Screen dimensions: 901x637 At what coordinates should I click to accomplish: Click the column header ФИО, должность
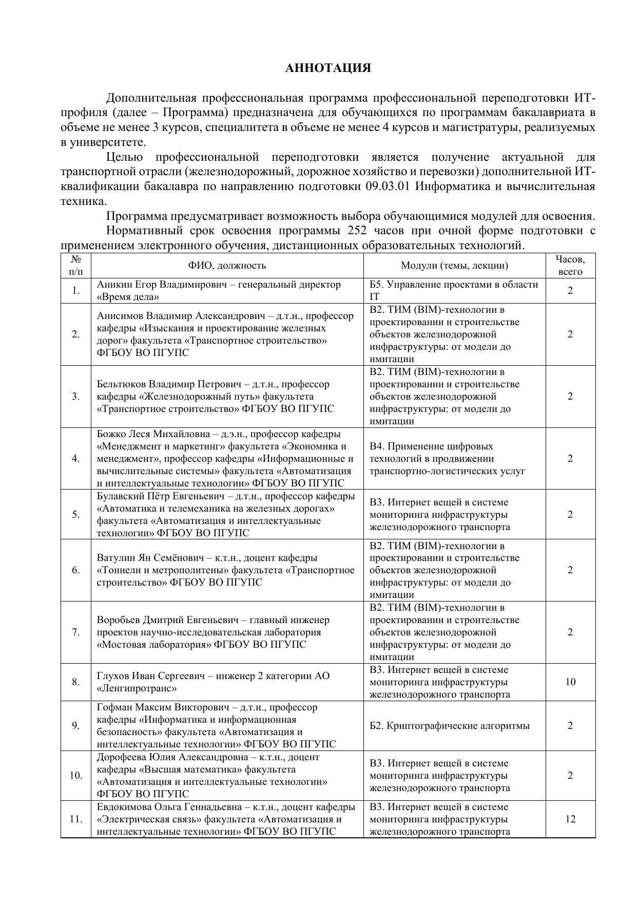(x=227, y=266)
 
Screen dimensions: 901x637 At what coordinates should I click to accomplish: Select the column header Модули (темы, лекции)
(x=454, y=266)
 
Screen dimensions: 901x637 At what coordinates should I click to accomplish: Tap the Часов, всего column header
(x=570, y=266)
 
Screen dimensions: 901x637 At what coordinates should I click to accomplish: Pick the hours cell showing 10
(x=570, y=682)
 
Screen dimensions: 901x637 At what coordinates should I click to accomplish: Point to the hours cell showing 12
(x=570, y=819)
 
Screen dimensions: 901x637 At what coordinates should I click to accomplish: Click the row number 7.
(x=76, y=632)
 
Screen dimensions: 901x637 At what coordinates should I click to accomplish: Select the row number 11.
(x=76, y=819)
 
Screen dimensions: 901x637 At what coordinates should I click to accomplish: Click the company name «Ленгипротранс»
(x=137, y=688)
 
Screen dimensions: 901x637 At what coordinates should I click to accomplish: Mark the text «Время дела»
(x=128, y=297)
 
